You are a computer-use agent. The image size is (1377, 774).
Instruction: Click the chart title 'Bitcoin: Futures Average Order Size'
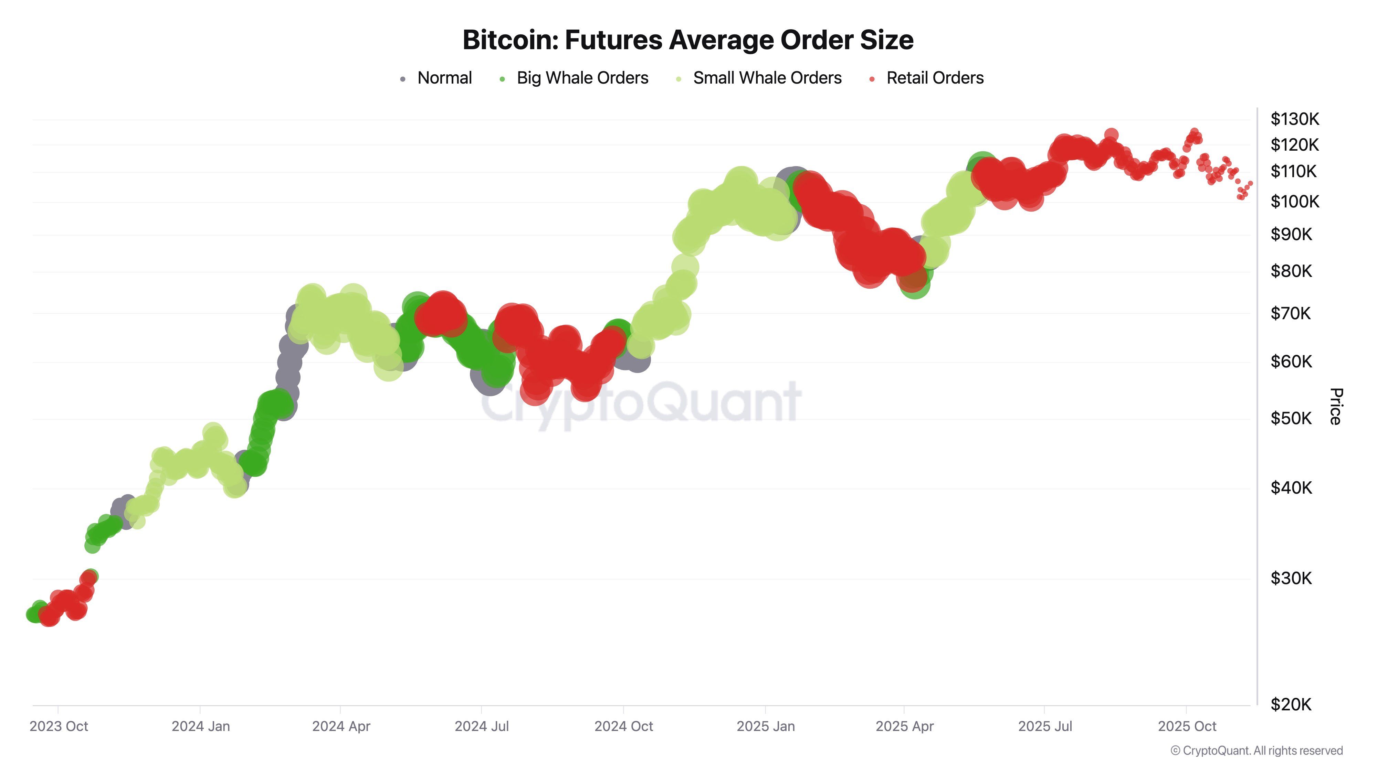[688, 40]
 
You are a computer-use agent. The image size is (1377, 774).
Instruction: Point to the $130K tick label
[1294, 119]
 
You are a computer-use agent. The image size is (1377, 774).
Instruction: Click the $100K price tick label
[1294, 202]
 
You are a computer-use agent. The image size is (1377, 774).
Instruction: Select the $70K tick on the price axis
[1290, 313]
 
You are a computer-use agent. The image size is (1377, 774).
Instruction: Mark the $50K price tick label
[1290, 418]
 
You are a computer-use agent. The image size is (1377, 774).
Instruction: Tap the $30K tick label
[1290, 578]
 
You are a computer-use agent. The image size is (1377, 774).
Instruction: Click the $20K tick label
[1290, 705]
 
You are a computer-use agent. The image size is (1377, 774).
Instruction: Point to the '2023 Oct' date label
[59, 727]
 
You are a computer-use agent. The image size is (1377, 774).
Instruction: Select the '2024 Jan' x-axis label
[200, 727]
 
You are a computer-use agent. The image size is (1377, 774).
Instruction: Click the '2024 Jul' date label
[482, 727]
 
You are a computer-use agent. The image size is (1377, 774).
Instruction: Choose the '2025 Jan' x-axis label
[766, 727]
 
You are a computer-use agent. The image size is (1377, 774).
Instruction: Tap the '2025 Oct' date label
[1187, 727]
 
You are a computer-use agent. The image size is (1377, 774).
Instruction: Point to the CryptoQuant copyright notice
[1256, 751]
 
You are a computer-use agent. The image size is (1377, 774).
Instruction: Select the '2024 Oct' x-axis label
[623, 727]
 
